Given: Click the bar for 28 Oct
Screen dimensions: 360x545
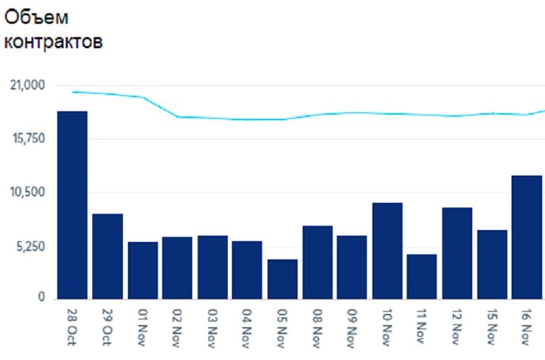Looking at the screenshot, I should point(72,205).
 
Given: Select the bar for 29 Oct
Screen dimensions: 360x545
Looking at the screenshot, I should point(108,256).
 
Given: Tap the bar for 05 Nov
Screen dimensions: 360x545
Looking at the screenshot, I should point(282,279).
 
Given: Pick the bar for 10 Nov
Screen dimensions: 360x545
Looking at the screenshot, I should point(387,250).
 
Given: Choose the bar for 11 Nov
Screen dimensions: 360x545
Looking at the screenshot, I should point(422,276).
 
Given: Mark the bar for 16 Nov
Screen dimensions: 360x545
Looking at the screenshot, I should point(527,237).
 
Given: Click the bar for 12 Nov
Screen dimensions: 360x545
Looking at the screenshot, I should point(457,253).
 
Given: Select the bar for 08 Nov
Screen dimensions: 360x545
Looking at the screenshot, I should point(317,262).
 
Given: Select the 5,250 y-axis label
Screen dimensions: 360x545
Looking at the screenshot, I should point(30,246).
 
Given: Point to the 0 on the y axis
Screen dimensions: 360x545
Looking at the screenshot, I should point(41,298).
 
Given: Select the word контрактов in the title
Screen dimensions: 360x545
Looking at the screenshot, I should point(53,42).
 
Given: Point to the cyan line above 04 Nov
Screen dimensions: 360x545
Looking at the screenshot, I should point(247,120).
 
